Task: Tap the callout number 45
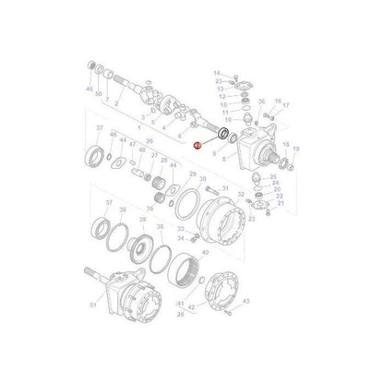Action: click(x=89, y=90)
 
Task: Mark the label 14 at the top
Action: click(x=218, y=72)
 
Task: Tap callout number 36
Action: click(x=261, y=102)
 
